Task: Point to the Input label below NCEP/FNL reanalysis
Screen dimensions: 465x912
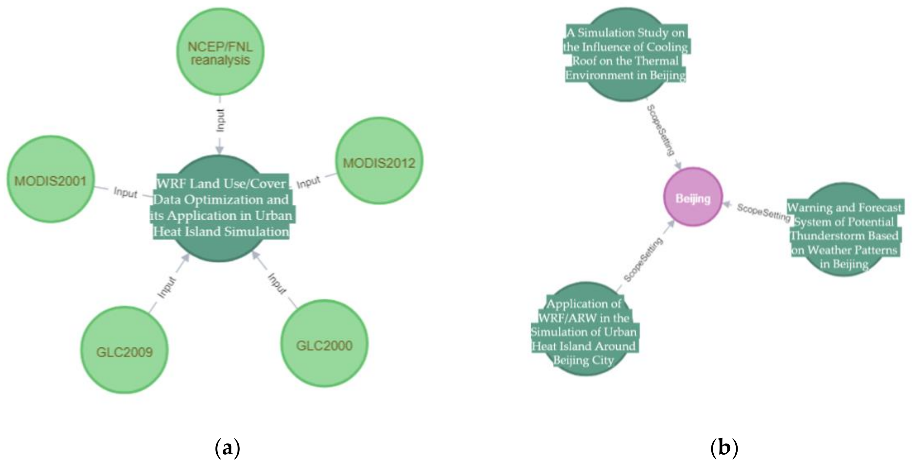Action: pyautogui.click(x=220, y=120)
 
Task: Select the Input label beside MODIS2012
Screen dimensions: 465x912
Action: pyautogui.click(x=308, y=182)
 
